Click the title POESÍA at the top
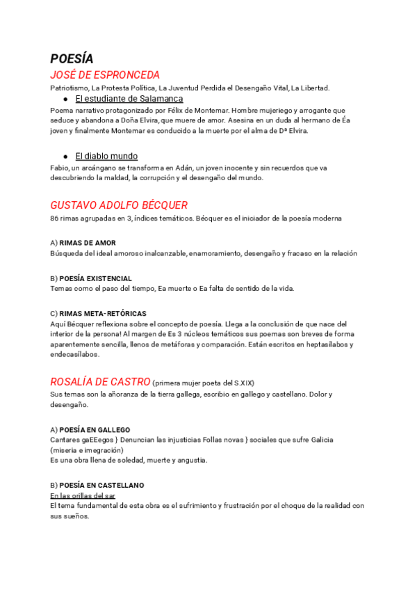tap(72, 59)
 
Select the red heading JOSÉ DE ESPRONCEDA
tap(105, 75)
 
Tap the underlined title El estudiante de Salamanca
tap(129, 99)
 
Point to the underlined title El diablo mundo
tap(106, 156)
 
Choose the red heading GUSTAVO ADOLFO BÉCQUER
tap(119, 205)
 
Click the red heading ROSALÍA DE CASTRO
tap(100, 381)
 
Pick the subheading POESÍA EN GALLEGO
tap(95, 430)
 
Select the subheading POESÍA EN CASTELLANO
tap(101, 485)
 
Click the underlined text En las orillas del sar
tap(83, 495)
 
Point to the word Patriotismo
tap(68, 88)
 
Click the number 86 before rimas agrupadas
tap(55, 218)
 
